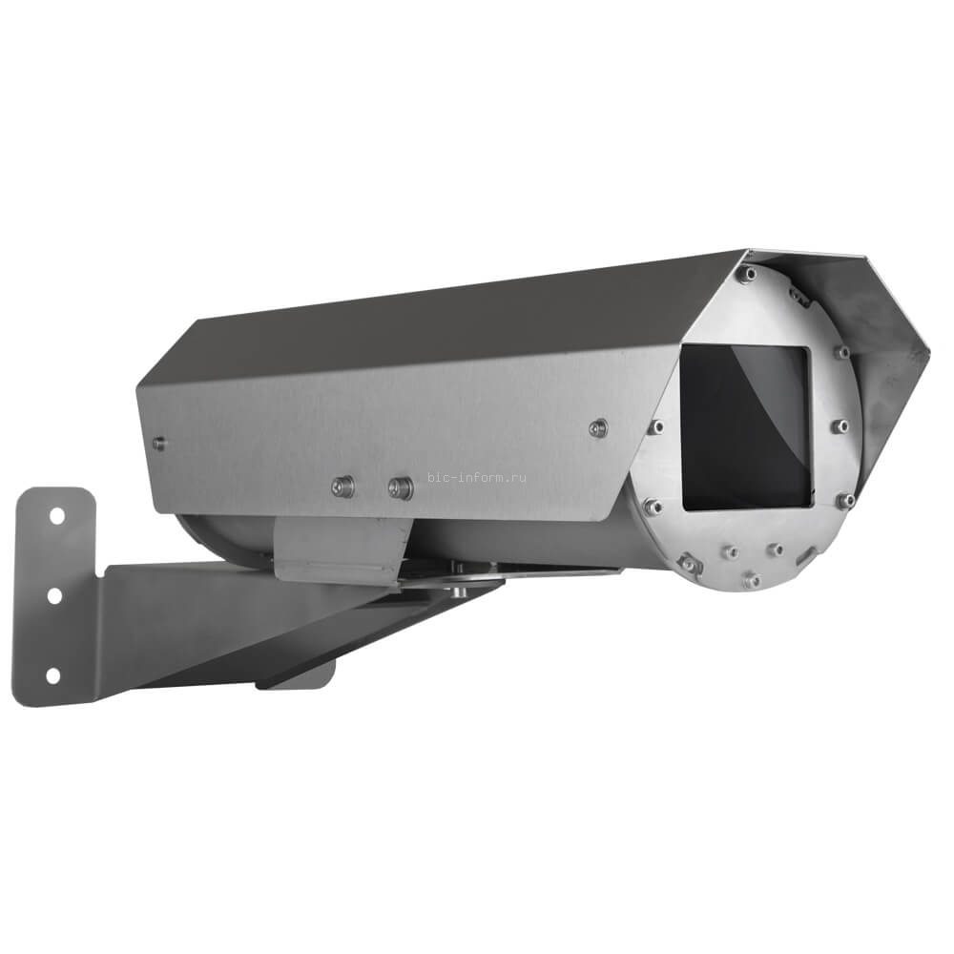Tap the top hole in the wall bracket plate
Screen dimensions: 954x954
[55, 515]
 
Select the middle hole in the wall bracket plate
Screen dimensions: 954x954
[53, 594]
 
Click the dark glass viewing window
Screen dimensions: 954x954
[745, 426]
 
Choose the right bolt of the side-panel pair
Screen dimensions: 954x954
[401, 489]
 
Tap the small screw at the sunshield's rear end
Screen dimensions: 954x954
[159, 443]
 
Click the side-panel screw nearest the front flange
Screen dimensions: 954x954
[598, 426]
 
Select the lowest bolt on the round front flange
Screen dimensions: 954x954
[752, 578]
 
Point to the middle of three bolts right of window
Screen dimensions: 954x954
[839, 425]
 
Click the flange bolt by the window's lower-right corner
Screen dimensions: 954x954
[845, 499]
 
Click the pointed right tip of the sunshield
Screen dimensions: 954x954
[927, 355]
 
